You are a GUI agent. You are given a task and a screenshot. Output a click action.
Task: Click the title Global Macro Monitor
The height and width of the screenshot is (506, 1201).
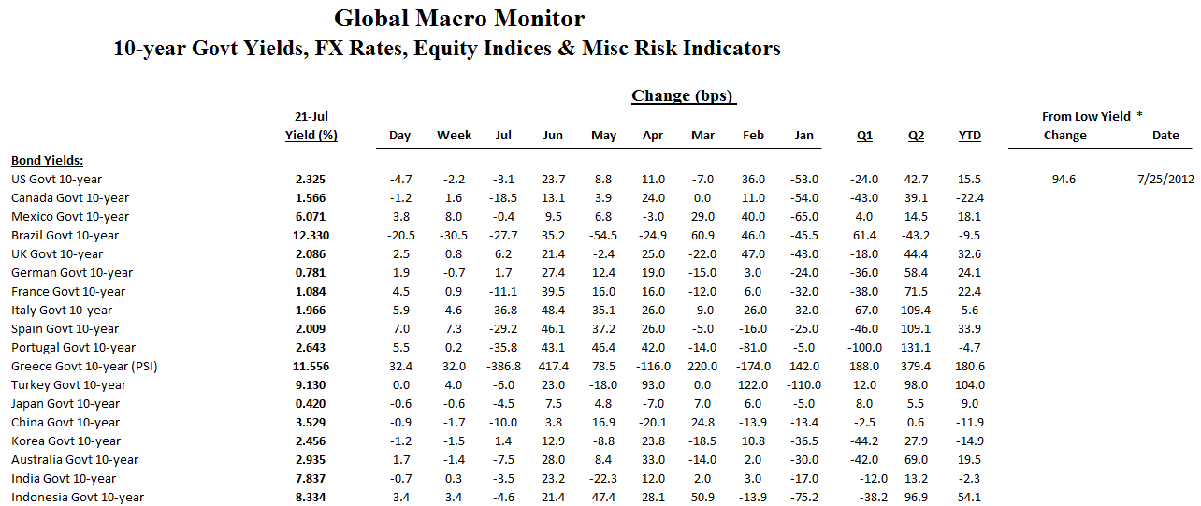click(459, 19)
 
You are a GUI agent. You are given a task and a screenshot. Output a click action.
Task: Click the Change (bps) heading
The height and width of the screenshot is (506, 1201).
click(683, 95)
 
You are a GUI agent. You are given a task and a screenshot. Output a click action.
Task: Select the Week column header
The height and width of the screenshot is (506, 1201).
click(454, 136)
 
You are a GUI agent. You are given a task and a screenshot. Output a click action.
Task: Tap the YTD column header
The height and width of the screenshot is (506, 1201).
click(970, 136)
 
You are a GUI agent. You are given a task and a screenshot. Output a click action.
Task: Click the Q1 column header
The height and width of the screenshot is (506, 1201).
click(864, 136)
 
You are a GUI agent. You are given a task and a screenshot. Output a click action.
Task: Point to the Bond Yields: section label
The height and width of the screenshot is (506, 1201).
click(48, 160)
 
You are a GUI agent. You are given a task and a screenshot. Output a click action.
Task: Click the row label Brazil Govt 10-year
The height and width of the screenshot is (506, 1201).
click(65, 235)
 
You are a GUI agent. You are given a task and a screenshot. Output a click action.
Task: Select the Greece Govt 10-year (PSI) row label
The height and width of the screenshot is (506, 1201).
click(84, 366)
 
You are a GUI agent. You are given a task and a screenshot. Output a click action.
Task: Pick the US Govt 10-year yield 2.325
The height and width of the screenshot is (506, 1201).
click(311, 179)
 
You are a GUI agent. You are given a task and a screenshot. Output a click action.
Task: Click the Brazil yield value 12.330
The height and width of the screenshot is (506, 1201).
click(311, 235)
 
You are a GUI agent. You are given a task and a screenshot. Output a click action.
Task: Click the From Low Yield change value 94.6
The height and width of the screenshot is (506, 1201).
click(1064, 179)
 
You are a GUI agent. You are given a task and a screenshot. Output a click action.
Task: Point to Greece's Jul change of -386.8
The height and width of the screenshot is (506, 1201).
click(502, 366)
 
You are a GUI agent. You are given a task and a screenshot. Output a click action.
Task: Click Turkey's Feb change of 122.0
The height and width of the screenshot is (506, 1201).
click(753, 384)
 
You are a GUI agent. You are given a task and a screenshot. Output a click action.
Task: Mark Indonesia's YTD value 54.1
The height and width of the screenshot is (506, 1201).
click(970, 497)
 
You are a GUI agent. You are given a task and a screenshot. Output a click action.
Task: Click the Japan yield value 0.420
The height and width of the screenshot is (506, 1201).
click(311, 403)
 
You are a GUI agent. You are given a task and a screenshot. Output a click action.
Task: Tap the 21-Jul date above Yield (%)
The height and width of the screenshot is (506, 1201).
click(311, 116)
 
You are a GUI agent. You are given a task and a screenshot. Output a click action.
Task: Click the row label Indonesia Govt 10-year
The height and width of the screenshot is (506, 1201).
click(78, 497)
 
